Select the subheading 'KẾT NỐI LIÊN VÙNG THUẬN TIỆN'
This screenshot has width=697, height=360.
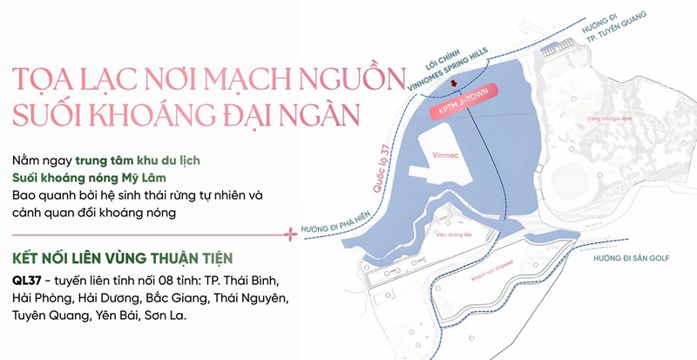pos(122,259)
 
